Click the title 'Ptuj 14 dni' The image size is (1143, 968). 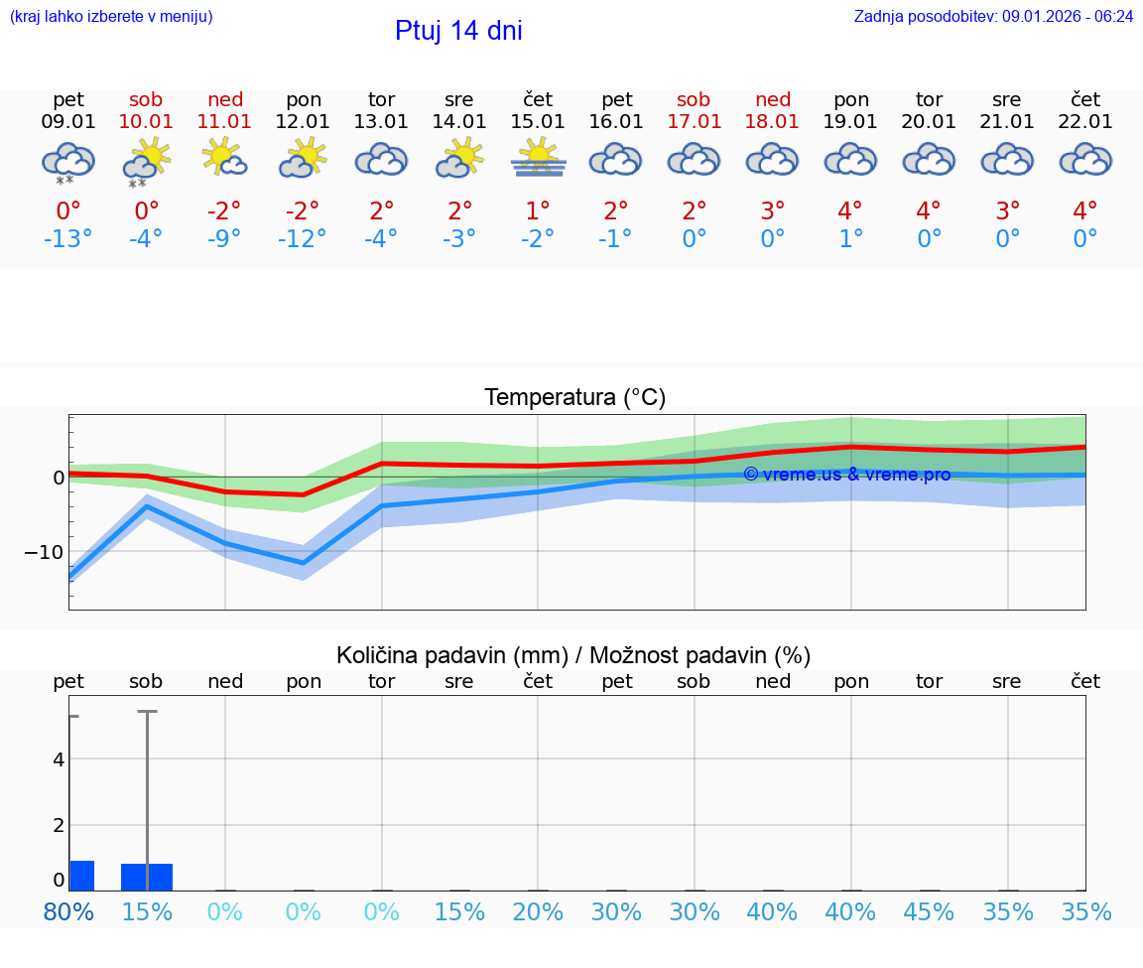[x=458, y=31]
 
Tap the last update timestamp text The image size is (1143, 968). [x=993, y=16]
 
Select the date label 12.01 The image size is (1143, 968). [x=304, y=121]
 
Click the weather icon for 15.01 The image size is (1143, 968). [x=539, y=159]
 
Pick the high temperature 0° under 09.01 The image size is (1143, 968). [x=67, y=210]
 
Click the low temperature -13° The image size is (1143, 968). [x=67, y=239]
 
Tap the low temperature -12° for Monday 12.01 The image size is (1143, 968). [x=304, y=239]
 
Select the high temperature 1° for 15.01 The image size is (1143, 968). [x=539, y=210]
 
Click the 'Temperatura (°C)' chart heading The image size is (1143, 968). [x=574, y=398]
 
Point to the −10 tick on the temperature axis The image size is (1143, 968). [x=46, y=552]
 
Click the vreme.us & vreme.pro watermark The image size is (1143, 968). [x=846, y=475]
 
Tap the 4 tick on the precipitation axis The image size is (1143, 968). [x=59, y=760]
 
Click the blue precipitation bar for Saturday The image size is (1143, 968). [x=147, y=877]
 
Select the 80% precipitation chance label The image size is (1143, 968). [x=68, y=911]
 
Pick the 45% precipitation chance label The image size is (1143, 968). [x=930, y=911]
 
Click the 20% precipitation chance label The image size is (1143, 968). [x=539, y=911]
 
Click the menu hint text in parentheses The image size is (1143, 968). [x=111, y=16]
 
